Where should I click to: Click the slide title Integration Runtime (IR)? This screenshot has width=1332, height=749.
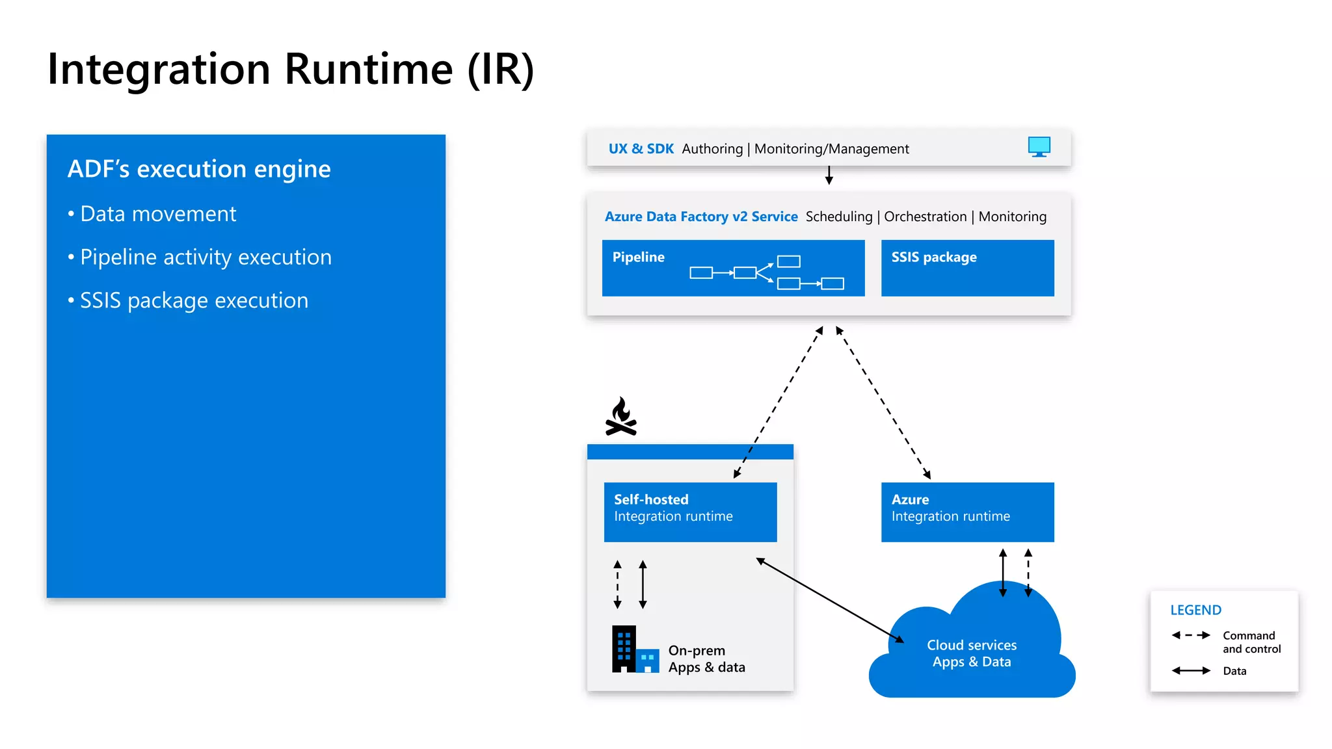291,69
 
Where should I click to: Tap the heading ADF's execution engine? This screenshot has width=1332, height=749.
199,169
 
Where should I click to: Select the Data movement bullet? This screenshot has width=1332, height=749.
157,214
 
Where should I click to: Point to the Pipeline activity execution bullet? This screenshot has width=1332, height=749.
205,257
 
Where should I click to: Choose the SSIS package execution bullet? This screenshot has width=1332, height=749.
193,301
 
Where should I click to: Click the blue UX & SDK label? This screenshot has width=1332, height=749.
641,149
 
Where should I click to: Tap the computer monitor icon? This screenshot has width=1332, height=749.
1039,147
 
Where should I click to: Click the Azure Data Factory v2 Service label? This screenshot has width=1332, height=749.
700,217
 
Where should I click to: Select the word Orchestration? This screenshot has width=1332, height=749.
925,217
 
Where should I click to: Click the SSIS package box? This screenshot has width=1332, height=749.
967,268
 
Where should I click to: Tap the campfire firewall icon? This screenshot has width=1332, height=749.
621,417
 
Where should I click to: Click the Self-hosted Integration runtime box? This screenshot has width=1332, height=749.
690,512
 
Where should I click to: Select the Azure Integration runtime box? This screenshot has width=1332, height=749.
967,512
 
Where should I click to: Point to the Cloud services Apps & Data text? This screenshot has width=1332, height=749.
971,653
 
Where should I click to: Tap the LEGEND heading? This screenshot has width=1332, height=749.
1195,610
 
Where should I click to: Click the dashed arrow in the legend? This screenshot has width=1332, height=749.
1190,635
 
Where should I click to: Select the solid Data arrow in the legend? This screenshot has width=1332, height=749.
1190,670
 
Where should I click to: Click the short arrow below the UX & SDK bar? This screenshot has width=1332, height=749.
829,175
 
